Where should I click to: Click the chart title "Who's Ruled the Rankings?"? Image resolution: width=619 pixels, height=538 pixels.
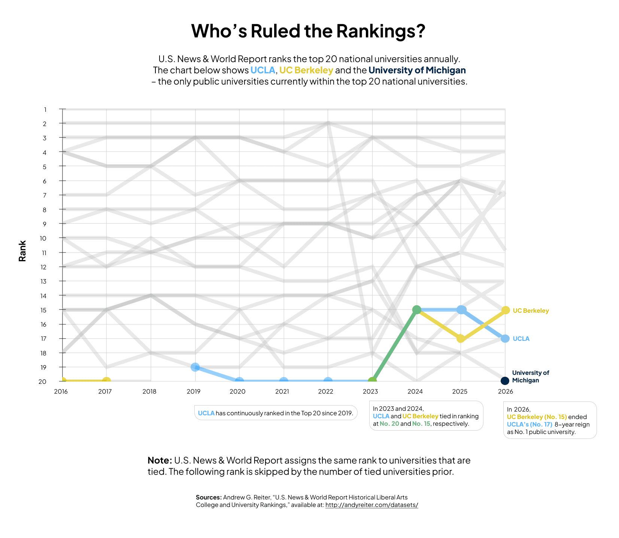click(x=308, y=31)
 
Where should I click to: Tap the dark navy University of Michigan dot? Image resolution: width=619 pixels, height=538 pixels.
click(x=505, y=381)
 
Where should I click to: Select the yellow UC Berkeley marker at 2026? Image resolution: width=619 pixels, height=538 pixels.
click(x=506, y=310)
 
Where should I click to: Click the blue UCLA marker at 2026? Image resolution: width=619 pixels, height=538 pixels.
click(x=505, y=339)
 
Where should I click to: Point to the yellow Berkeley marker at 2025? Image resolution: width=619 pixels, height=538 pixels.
click(x=461, y=339)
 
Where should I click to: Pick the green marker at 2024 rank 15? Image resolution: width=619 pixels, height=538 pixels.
click(x=416, y=310)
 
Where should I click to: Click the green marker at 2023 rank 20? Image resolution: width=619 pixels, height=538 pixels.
click(x=372, y=381)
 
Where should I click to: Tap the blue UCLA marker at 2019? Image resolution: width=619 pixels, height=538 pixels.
click(x=195, y=367)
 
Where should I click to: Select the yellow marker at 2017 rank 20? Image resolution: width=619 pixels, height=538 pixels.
click(x=107, y=381)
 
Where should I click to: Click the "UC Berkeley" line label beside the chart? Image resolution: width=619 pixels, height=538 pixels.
click(x=531, y=311)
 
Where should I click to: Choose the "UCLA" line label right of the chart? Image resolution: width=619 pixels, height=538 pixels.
click(x=521, y=339)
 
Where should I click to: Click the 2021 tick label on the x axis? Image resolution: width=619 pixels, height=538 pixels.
click(x=282, y=392)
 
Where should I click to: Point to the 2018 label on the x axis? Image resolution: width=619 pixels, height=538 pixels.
click(x=149, y=392)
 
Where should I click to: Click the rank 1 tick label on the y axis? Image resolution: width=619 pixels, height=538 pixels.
click(x=45, y=110)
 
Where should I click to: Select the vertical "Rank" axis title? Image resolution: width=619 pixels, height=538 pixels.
click(x=22, y=251)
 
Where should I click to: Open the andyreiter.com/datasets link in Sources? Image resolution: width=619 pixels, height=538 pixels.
click(x=371, y=505)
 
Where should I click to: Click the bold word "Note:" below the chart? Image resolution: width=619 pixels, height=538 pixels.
click(x=160, y=460)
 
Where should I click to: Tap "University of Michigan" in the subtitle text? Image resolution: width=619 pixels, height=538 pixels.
click(x=417, y=70)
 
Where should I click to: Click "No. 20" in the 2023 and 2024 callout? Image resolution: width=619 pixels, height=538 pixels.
click(x=389, y=424)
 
